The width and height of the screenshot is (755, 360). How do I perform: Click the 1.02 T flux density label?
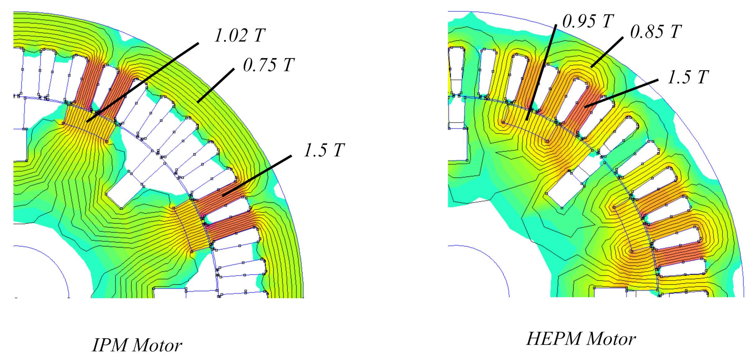pos(240,35)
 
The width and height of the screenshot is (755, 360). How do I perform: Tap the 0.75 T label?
pos(269,65)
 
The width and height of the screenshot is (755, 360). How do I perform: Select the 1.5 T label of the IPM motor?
pos(325,150)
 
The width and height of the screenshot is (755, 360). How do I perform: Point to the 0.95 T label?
pos(588,21)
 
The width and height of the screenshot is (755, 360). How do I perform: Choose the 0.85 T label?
pos(656,32)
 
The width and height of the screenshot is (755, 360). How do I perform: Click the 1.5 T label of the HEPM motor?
pos(688,77)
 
